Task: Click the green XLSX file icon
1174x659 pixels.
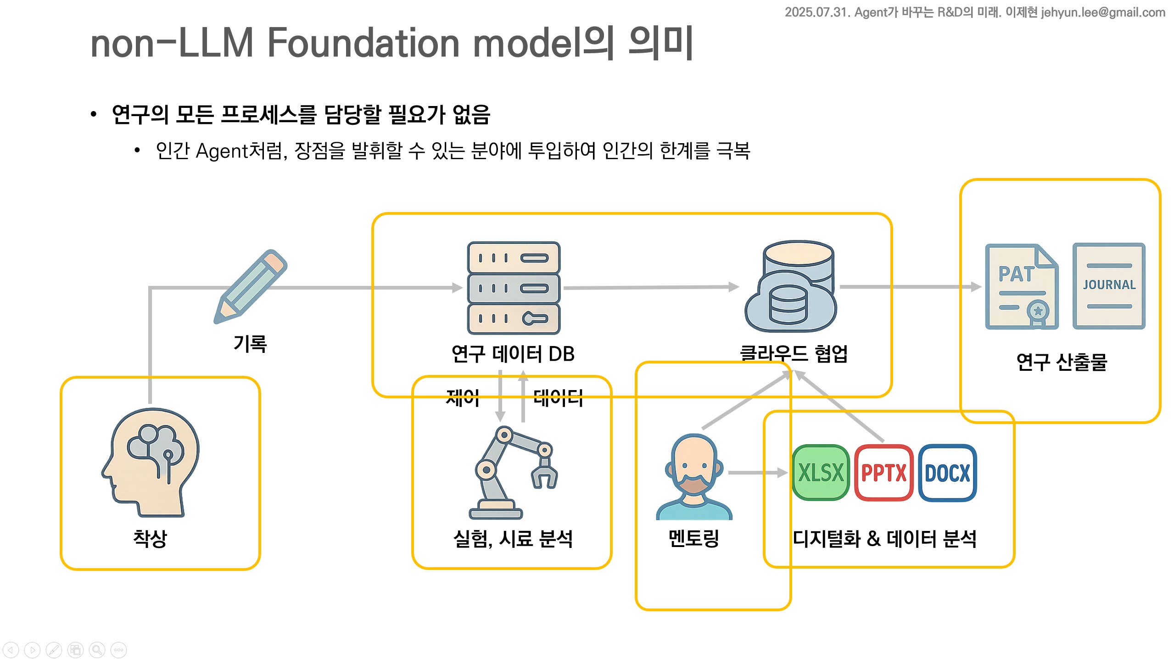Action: (821, 472)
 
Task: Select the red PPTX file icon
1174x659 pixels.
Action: (883, 472)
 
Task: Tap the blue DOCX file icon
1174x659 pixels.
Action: (947, 472)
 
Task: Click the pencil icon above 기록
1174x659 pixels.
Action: (251, 286)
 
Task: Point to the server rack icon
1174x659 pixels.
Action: (514, 288)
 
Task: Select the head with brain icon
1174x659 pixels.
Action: (151, 463)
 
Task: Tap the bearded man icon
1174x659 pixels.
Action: (694, 477)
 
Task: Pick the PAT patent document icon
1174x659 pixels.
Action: (1022, 286)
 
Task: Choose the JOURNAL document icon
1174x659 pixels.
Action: (1109, 286)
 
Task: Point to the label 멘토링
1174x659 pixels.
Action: (694, 538)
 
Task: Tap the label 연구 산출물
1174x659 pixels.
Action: (1062, 362)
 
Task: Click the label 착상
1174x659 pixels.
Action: (150, 538)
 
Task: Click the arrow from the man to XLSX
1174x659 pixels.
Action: (758, 473)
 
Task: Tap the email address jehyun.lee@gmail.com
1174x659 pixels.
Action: (1103, 12)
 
